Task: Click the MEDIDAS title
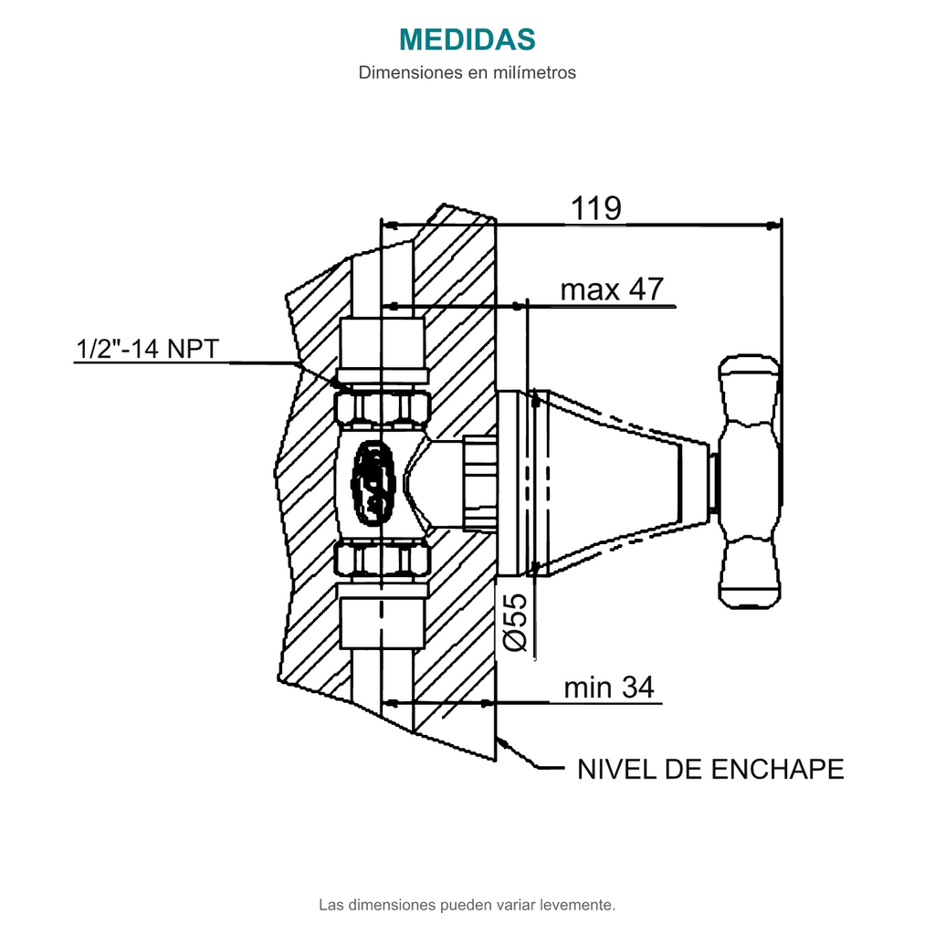(467, 39)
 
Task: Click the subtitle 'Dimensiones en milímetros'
(467, 73)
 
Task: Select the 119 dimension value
(595, 208)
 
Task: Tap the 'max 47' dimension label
(612, 289)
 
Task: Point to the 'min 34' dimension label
(609, 687)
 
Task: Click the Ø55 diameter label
(516, 622)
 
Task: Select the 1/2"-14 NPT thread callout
(147, 349)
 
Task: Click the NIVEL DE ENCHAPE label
(710, 769)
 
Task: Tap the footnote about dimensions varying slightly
(467, 905)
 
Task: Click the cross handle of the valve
(749, 482)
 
